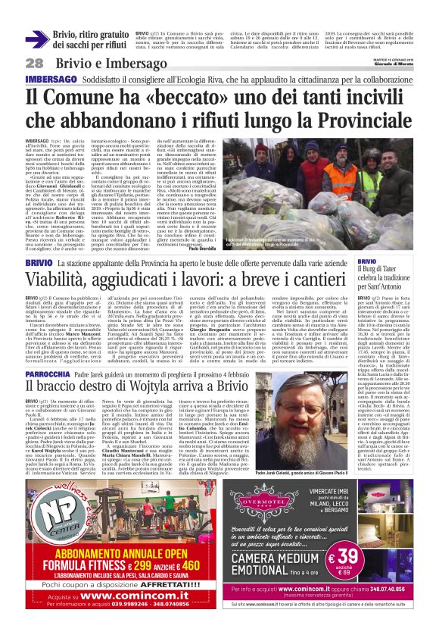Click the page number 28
pyautogui.click(x=34, y=63)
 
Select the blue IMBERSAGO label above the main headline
pyautogui.click(x=51, y=79)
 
